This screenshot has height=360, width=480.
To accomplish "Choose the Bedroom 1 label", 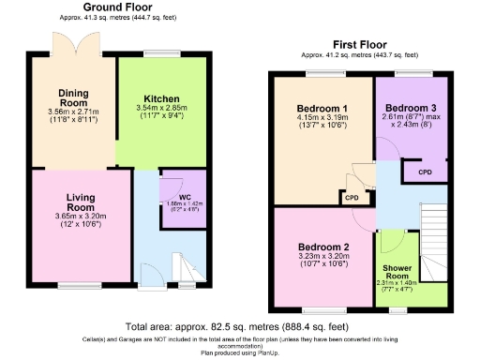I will (322, 109).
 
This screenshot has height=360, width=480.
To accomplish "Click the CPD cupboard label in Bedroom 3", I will (425, 172).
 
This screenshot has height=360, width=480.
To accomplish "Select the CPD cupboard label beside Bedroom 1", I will (352, 198).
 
